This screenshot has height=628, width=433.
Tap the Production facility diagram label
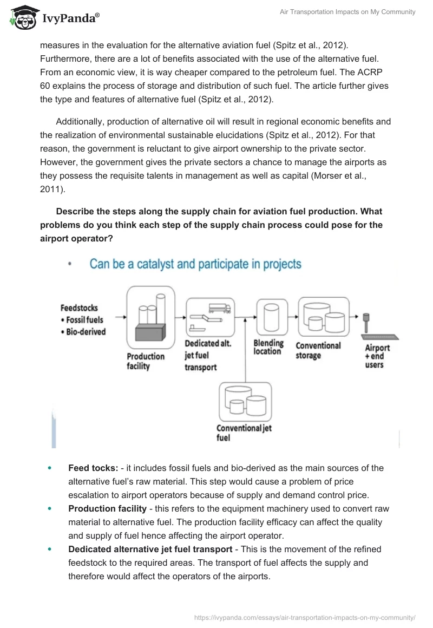coord(146,361)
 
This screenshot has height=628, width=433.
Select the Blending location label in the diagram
coord(268,347)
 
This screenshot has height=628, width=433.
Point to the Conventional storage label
coord(318,350)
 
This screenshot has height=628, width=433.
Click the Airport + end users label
coord(377,356)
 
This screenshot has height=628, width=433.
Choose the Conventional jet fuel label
coord(244,433)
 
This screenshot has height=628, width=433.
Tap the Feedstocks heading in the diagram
coord(79,308)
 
